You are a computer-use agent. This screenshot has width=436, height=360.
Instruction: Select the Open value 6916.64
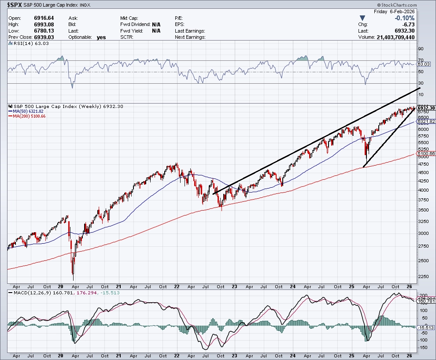[x=37, y=18]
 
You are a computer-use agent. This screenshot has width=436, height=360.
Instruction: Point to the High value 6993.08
[x=37, y=24]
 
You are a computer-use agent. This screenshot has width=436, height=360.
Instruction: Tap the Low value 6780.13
[x=37, y=31]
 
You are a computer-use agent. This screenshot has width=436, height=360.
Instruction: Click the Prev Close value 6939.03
[x=37, y=37]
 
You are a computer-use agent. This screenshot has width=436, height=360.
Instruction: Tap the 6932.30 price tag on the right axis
[x=426, y=108]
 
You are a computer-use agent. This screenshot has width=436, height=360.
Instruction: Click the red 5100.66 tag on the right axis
[x=426, y=153]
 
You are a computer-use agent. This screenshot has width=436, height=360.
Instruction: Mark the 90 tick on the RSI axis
[x=421, y=49]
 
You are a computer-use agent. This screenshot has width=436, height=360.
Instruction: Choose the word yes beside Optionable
[x=101, y=37]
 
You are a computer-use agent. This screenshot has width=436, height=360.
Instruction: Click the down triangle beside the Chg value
[x=362, y=18]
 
